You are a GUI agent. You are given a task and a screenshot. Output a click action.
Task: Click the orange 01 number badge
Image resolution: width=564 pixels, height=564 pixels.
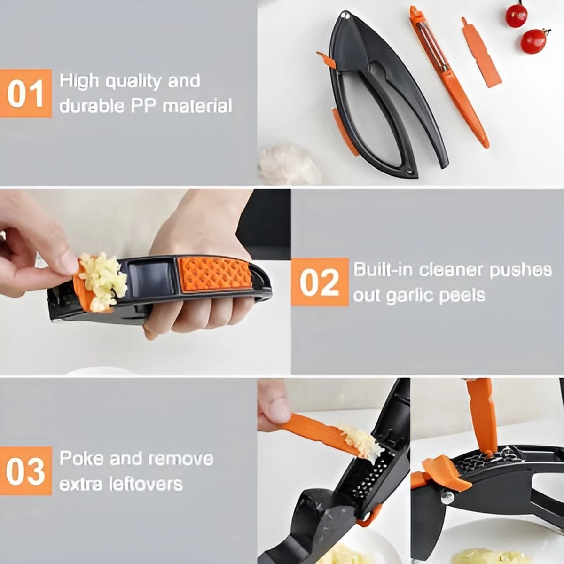click(x=26, y=94)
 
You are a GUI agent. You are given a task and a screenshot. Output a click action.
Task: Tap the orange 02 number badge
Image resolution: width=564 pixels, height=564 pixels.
click(x=320, y=282)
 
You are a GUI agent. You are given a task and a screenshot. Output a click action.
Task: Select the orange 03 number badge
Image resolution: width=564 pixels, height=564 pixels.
click(x=26, y=470)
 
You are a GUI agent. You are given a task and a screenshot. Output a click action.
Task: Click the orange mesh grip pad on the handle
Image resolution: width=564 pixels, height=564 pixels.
click(x=216, y=275)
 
